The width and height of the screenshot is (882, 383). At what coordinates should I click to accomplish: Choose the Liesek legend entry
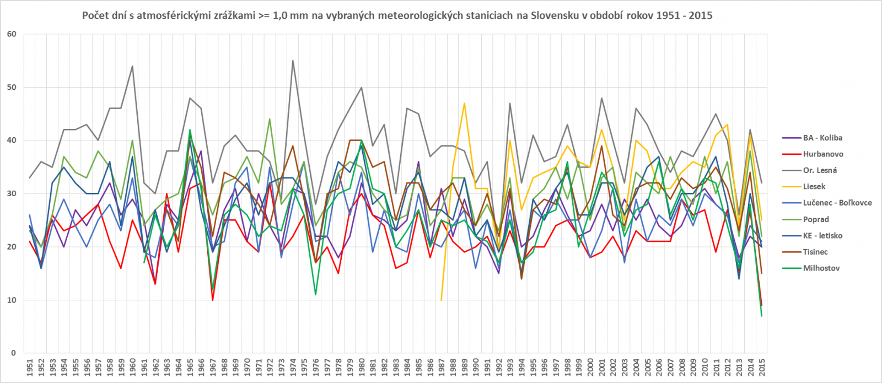(814, 187)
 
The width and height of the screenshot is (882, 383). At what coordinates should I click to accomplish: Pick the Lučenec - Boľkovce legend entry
(837, 203)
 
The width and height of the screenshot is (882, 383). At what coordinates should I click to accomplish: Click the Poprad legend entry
(816, 219)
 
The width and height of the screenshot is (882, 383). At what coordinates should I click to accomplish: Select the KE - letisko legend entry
(822, 235)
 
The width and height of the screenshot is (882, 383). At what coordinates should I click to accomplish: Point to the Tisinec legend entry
(815, 252)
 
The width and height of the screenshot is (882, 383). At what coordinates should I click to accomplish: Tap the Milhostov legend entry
(821, 268)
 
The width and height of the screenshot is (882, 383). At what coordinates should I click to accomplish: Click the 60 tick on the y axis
(12, 34)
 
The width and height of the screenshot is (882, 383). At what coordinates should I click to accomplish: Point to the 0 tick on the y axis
(14, 353)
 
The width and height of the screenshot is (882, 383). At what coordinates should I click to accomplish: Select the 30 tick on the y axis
(12, 193)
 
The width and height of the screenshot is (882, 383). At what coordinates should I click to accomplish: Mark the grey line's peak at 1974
(293, 61)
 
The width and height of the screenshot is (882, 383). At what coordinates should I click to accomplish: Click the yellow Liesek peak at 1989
(465, 103)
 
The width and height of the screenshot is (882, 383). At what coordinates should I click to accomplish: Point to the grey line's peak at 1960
(132, 66)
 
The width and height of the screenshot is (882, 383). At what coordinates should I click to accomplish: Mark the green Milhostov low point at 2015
(762, 316)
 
